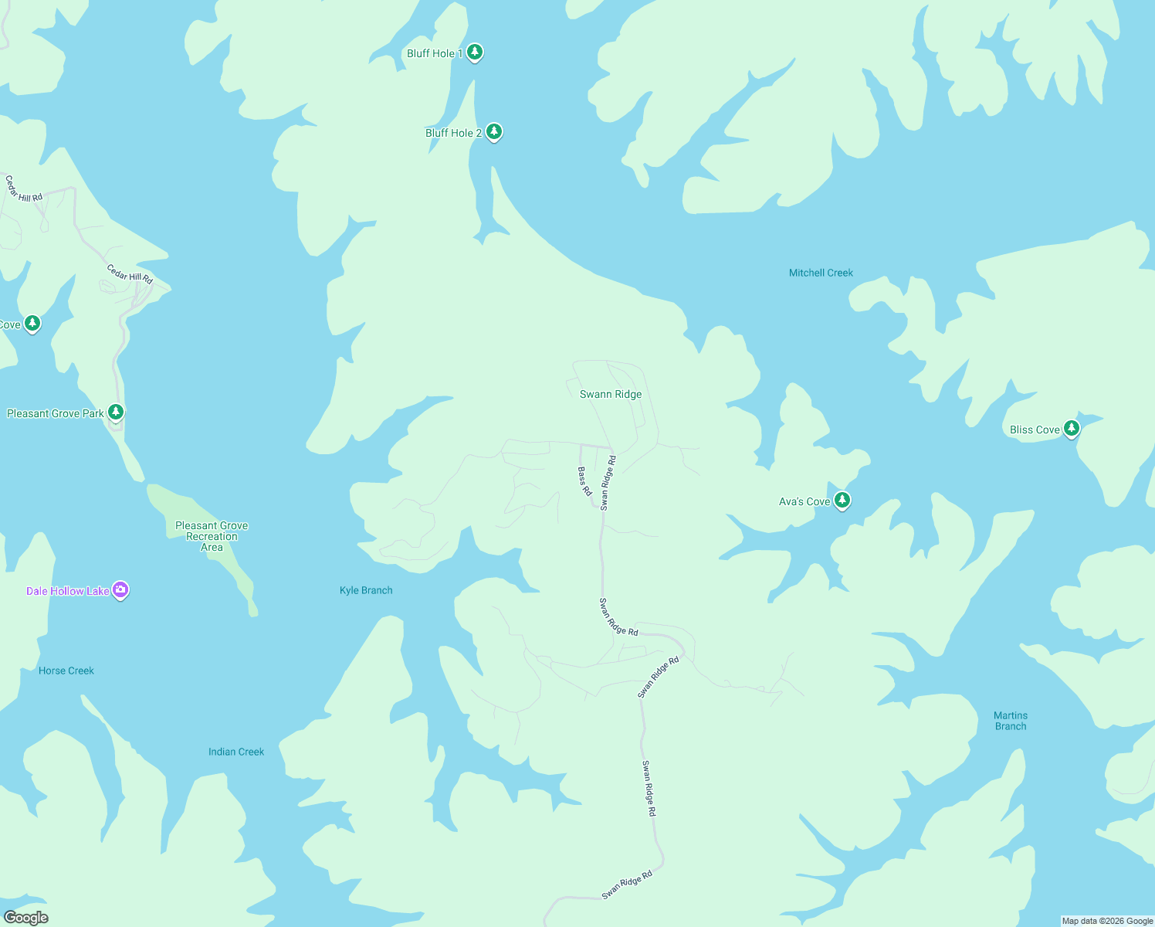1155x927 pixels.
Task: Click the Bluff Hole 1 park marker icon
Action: click(475, 53)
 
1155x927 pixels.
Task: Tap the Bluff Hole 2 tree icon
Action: click(494, 132)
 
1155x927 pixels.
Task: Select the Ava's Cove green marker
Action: click(842, 501)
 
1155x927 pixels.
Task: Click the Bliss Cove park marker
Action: click(1071, 429)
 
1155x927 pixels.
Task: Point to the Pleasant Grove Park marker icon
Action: click(116, 413)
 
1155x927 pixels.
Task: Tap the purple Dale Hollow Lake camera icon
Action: click(120, 590)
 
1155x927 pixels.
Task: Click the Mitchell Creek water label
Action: click(821, 273)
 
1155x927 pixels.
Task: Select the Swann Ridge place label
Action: click(611, 394)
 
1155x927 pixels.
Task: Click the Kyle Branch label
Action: click(366, 590)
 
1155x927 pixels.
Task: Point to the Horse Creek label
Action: click(66, 671)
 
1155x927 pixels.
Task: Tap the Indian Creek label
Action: click(236, 752)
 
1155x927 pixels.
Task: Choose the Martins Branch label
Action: click(1011, 721)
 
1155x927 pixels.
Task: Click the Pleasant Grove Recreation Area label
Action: click(212, 536)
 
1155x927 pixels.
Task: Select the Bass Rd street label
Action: click(584, 480)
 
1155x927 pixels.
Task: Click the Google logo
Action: click(25, 918)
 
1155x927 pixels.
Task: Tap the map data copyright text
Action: click(1107, 921)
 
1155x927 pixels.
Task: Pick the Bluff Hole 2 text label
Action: click(453, 133)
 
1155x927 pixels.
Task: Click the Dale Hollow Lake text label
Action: click(68, 591)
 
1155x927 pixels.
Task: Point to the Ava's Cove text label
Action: click(804, 501)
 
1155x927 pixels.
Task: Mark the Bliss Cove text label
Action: click(1035, 430)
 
